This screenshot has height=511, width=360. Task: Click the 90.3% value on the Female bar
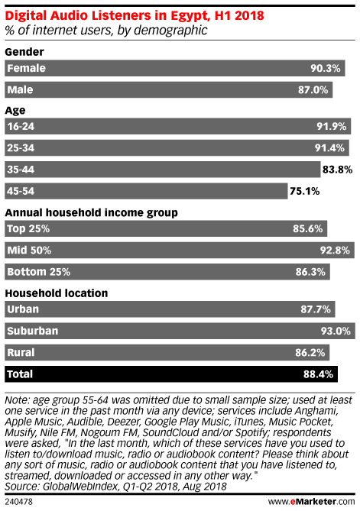click(x=325, y=68)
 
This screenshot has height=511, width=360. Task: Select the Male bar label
click(x=20, y=89)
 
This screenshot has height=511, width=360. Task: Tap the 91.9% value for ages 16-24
click(x=331, y=126)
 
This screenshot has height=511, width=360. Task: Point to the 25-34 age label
click(x=21, y=148)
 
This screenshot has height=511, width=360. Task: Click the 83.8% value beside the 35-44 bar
click(x=338, y=170)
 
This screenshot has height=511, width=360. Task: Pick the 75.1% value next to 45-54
click(x=304, y=191)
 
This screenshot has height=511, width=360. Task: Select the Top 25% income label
click(x=28, y=228)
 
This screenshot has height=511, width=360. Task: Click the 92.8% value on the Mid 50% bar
click(x=335, y=251)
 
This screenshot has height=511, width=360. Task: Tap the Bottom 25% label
click(x=39, y=272)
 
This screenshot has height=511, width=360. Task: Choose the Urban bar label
click(x=23, y=309)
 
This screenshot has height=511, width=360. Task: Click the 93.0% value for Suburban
click(x=336, y=331)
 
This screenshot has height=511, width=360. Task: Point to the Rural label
click(x=21, y=352)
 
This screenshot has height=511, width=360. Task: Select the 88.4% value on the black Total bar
click(x=318, y=374)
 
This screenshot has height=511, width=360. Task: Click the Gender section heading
click(x=24, y=52)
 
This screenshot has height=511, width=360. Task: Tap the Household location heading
click(x=57, y=293)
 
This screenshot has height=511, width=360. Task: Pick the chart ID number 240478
click(x=18, y=502)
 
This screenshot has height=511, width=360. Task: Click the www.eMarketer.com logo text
click(x=311, y=501)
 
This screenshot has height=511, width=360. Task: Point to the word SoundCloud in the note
click(x=170, y=432)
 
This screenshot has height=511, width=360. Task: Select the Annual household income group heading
click(x=91, y=212)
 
